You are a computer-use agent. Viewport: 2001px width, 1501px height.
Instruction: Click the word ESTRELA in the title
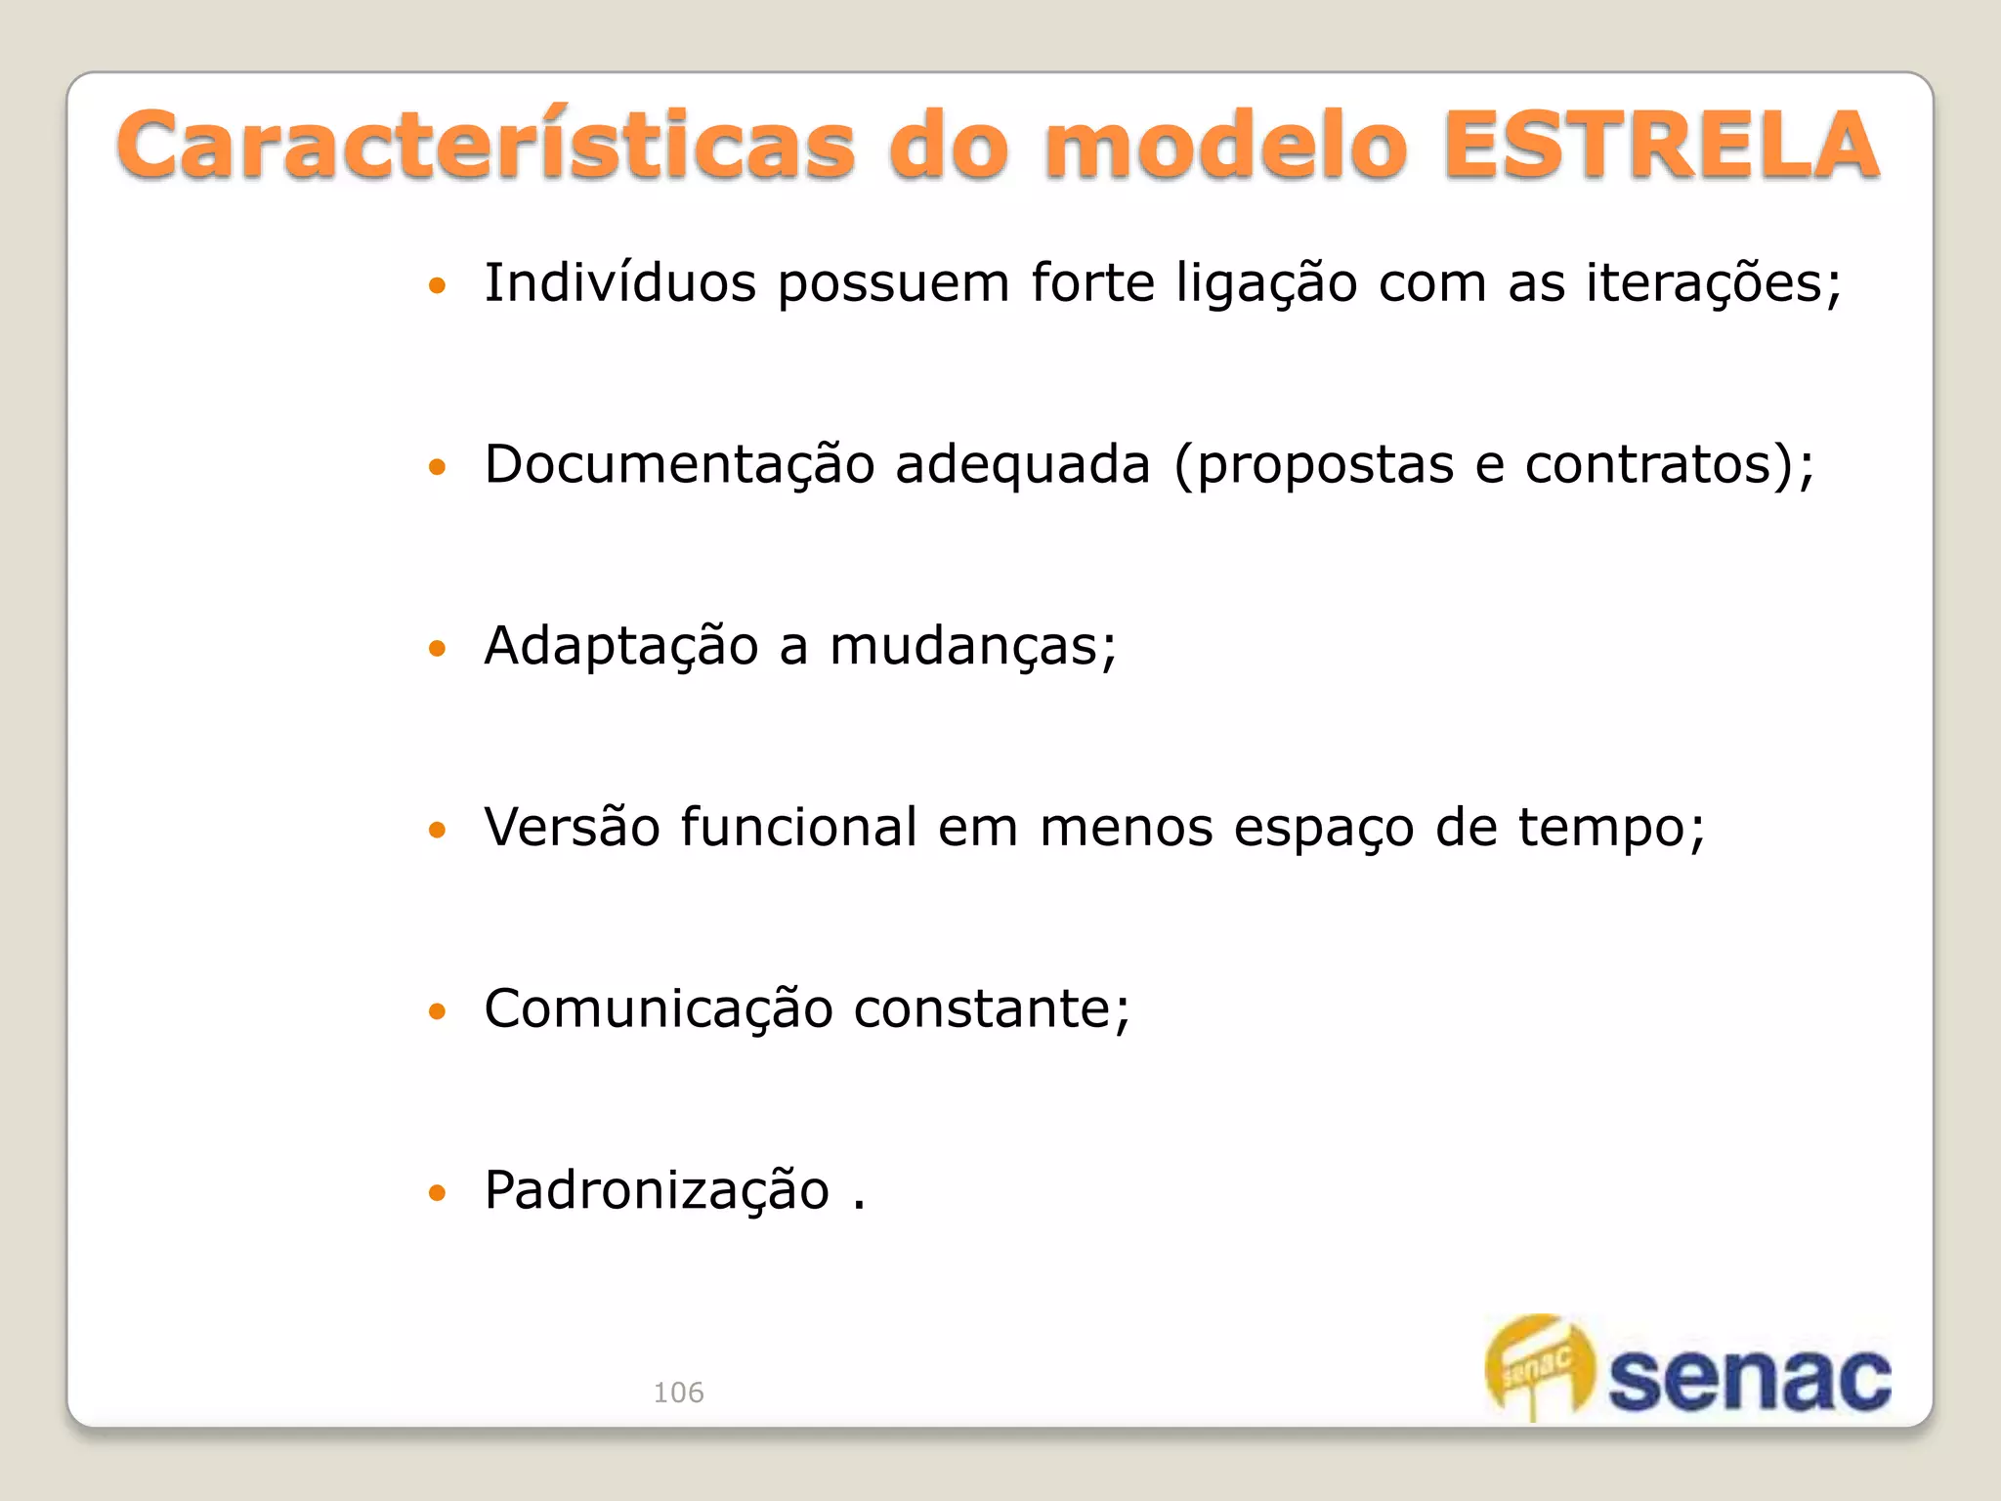point(1661,147)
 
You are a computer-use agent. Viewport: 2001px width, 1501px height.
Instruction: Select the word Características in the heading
point(486,147)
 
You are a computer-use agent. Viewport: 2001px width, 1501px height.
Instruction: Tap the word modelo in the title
point(1226,147)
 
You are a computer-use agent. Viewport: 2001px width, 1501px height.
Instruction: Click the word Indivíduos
point(620,283)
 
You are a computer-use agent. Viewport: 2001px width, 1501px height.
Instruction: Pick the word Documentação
point(679,464)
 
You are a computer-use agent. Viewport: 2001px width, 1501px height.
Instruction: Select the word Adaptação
point(621,646)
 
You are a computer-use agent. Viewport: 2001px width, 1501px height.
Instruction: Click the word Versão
point(573,828)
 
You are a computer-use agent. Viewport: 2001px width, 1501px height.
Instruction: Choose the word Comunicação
point(659,1009)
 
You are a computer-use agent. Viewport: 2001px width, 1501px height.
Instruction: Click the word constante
point(991,1009)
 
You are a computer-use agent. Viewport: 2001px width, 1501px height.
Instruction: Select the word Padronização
point(657,1191)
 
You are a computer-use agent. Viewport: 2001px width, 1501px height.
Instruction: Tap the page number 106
point(678,1393)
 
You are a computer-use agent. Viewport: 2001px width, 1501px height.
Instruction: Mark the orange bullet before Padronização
point(437,1192)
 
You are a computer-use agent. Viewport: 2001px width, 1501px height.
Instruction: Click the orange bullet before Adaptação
point(437,648)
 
